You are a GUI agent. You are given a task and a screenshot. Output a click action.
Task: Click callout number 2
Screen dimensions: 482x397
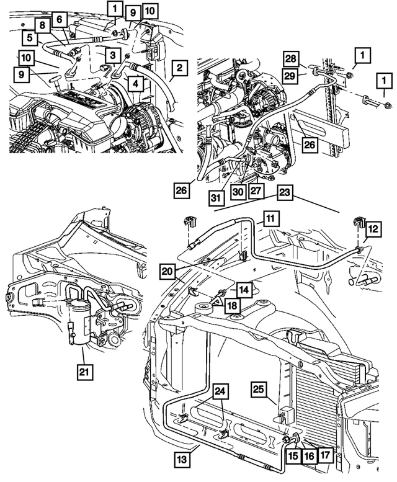pyautogui.click(x=178, y=67)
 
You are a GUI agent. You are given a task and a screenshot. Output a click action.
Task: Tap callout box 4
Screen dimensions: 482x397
pyautogui.click(x=135, y=81)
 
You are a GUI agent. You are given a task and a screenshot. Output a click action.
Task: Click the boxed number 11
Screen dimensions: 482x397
pyautogui.click(x=270, y=218)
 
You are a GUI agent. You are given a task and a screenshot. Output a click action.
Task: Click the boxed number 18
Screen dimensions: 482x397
pyautogui.click(x=231, y=305)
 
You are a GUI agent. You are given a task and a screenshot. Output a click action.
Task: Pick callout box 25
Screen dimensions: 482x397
pyautogui.click(x=259, y=389)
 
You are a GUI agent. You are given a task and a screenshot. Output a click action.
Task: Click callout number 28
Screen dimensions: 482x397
pyautogui.click(x=292, y=58)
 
